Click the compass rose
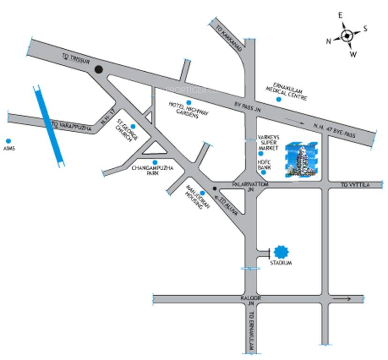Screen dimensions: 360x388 point(346,36)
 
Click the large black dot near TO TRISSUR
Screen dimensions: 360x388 point(98,70)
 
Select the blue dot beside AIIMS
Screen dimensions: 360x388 point(8,141)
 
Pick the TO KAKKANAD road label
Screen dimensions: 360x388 point(226,34)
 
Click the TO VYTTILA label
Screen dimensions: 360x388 point(355,185)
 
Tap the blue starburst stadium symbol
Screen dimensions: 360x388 point(281,252)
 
